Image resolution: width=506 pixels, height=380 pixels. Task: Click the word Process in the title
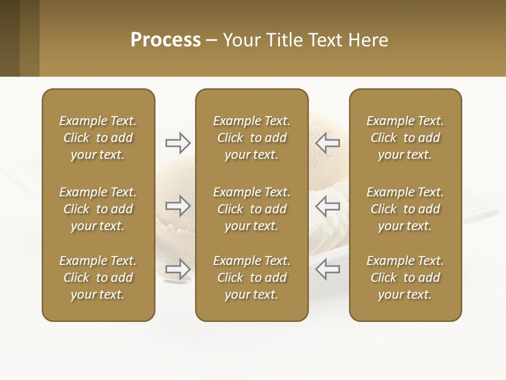point(166,40)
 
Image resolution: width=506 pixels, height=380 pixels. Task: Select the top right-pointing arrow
point(178,142)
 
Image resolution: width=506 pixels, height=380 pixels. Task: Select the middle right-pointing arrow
point(178,206)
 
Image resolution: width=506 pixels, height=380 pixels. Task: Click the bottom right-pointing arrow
point(178,269)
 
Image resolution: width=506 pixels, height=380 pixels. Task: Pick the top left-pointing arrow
point(328,142)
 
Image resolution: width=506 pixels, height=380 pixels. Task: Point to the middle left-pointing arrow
point(328,206)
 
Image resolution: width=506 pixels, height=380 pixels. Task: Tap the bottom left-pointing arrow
point(328,269)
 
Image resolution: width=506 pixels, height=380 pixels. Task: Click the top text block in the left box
point(98,138)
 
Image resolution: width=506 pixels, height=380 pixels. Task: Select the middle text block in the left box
point(98,209)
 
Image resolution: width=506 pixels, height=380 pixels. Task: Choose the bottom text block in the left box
point(98,278)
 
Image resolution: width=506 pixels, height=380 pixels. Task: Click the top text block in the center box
point(251,138)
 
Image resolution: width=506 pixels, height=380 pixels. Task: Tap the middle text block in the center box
point(251,209)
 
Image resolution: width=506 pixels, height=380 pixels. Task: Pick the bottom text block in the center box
point(251,278)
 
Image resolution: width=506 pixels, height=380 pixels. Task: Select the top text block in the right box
point(405,138)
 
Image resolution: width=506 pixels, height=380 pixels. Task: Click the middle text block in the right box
point(405,209)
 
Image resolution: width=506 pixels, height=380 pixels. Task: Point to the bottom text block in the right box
point(405,278)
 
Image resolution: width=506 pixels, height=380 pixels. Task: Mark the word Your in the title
point(241,40)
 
